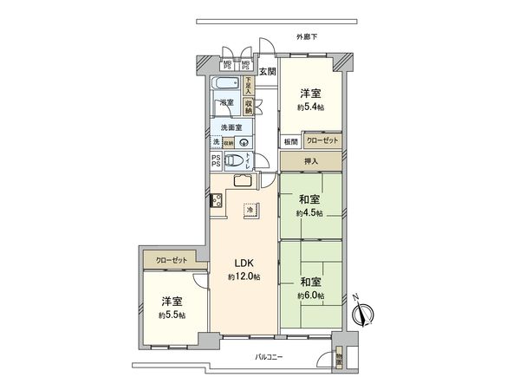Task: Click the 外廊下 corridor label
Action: tap(307, 37)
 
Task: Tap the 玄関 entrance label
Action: tap(267, 72)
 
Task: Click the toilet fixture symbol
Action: tap(233, 160)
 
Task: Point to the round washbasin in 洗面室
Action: tap(245, 144)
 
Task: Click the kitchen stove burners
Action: tap(217, 205)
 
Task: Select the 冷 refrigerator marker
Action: tap(250, 210)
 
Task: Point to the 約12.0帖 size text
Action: tap(244, 276)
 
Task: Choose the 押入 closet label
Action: tap(309, 161)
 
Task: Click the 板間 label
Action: tap(289, 141)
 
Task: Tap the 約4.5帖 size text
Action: tap(309, 211)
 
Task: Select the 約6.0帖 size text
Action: tap(310, 296)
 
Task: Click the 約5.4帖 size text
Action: tap(310, 107)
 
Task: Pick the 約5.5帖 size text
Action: tap(172, 315)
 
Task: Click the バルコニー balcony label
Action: tap(270, 357)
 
